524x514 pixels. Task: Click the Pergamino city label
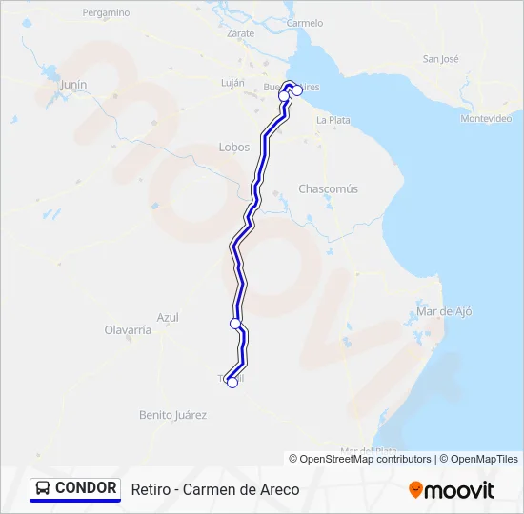point(106,13)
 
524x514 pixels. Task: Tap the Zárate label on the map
point(241,32)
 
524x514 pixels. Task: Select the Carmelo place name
point(305,22)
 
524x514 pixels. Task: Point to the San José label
point(441,59)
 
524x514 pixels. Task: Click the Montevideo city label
point(486,118)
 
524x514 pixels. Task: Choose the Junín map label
point(73,84)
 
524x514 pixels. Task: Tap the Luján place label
point(233,83)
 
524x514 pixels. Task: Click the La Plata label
point(333,120)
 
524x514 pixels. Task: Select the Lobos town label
point(234,147)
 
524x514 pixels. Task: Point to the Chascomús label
point(329,188)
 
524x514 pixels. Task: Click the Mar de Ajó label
point(444,311)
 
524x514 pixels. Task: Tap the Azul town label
point(168,317)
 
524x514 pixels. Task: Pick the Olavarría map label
point(128,329)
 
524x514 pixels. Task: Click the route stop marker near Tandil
point(232,383)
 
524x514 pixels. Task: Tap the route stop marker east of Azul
point(235,324)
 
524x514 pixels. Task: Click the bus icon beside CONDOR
point(43,488)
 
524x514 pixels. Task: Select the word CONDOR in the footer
point(86,488)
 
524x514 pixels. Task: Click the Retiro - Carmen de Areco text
point(215,489)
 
